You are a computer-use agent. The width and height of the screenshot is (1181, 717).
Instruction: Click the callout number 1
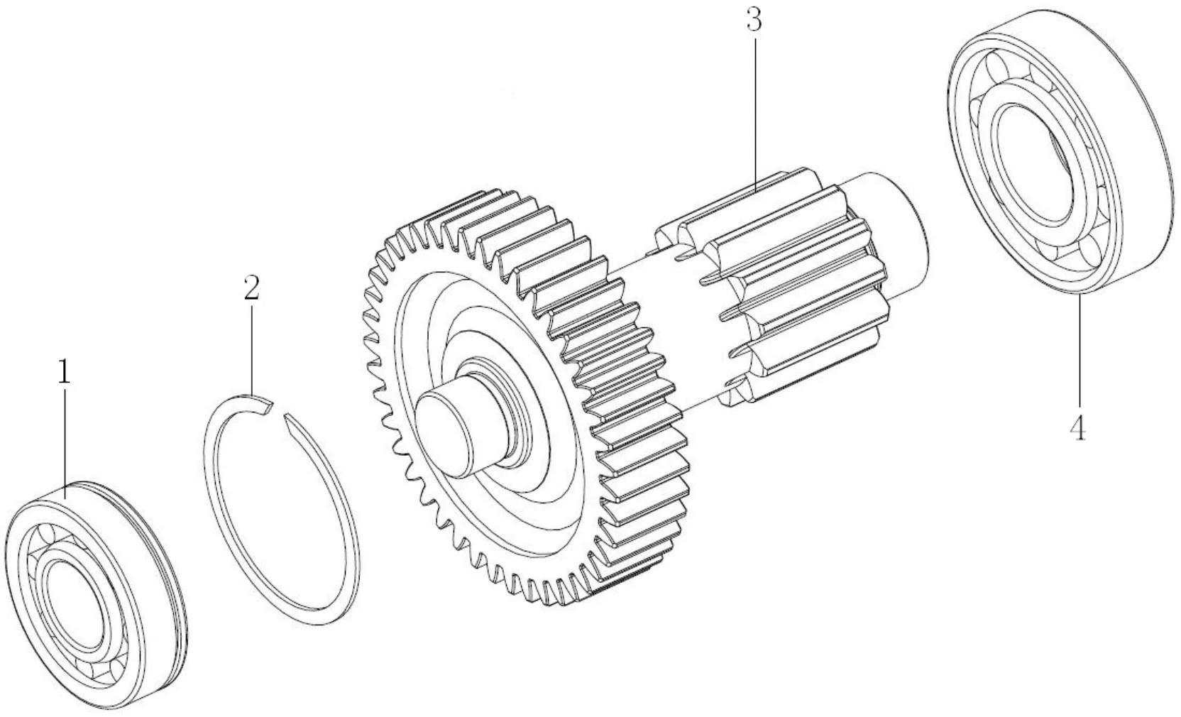pyautogui.click(x=64, y=371)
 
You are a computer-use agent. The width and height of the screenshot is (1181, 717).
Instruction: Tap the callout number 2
pyautogui.click(x=251, y=288)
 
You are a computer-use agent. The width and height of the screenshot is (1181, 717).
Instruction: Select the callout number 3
pyautogui.click(x=754, y=20)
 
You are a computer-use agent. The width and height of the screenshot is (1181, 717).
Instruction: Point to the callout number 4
pyautogui.click(x=1077, y=427)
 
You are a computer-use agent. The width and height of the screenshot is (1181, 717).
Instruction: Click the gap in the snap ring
pyautogui.click(x=278, y=411)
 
